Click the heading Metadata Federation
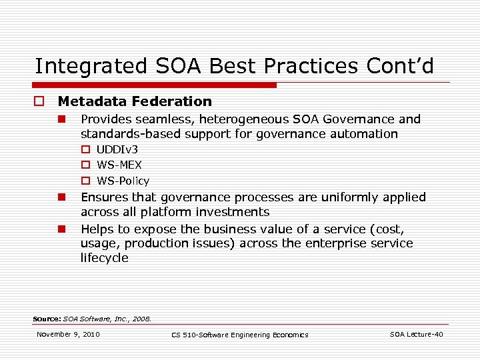[135, 101]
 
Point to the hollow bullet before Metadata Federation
[41, 102]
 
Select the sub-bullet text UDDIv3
[117, 149]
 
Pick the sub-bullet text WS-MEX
[119, 165]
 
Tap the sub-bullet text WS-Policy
[123, 181]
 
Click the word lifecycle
[104, 258]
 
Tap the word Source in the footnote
[46, 319]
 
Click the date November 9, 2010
[68, 334]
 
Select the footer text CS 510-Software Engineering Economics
[240, 335]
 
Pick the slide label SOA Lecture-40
[416, 334]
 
